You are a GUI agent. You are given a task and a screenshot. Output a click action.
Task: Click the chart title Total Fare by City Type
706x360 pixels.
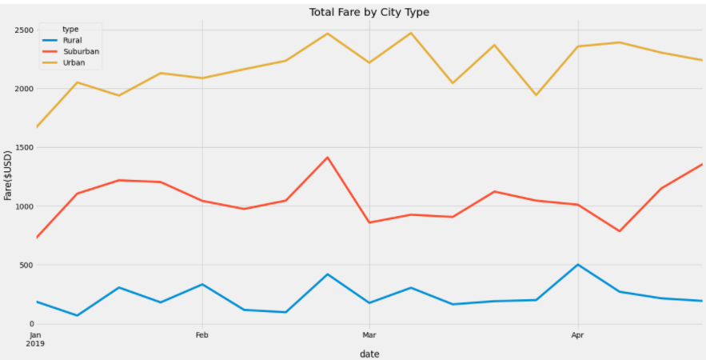click(369, 12)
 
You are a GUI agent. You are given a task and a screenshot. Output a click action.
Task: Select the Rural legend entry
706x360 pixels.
click(73, 40)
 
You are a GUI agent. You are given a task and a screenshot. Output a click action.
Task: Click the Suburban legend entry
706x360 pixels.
click(80, 51)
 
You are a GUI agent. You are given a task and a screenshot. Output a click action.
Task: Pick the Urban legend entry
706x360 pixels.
click(74, 62)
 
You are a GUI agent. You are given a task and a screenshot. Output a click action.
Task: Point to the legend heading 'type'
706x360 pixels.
click(70, 29)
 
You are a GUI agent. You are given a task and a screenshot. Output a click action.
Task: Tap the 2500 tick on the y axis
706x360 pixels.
click(22, 30)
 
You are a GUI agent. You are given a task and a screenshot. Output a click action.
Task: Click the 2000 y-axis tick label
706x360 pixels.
click(22, 89)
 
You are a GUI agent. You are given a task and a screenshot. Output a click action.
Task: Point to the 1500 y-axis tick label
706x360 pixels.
click(22, 148)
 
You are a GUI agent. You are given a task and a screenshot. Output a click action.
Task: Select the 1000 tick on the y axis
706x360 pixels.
click(22, 206)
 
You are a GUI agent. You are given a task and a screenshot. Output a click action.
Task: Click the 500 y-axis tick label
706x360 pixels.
click(25, 265)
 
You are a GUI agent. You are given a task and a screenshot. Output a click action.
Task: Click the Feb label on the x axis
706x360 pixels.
click(202, 335)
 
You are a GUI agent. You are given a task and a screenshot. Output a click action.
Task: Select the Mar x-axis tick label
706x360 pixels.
click(369, 335)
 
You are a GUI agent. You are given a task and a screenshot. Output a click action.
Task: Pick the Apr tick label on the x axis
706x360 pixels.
click(577, 335)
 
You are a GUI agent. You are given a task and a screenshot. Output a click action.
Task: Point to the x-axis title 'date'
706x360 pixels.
click(369, 354)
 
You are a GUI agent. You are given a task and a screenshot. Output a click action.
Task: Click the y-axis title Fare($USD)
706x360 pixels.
click(8, 175)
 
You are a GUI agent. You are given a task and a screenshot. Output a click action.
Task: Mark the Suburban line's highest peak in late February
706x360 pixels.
click(327, 158)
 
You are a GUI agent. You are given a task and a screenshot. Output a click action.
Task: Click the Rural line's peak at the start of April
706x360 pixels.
click(577, 265)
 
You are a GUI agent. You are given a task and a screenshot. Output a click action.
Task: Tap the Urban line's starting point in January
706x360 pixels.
click(36, 127)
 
